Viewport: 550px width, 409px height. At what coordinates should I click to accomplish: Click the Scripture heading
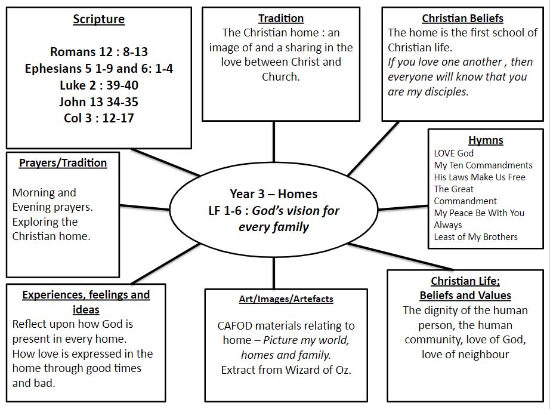(98, 19)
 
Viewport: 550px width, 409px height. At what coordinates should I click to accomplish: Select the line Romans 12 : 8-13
(98, 52)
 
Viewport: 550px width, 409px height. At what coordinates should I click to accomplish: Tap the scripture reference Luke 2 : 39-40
(99, 85)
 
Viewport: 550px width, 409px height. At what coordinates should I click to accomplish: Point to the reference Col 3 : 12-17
(99, 118)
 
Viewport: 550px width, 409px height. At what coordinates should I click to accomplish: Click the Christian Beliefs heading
(462, 19)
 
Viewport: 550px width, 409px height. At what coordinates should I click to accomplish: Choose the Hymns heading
(486, 140)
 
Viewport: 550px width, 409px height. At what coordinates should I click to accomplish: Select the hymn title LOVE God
(453, 153)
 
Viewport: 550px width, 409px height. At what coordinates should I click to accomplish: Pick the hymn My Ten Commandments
(483, 165)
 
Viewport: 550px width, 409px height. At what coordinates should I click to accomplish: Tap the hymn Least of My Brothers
(475, 237)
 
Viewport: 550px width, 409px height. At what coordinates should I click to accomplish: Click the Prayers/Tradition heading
(63, 163)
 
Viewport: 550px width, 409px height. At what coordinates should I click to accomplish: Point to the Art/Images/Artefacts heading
(286, 299)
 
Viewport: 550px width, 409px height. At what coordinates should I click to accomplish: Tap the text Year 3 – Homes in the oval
(274, 194)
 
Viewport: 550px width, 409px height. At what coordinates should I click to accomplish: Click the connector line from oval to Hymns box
(403, 208)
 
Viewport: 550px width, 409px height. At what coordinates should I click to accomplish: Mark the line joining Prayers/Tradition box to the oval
(144, 207)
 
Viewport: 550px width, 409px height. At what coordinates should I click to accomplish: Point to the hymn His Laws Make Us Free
(480, 177)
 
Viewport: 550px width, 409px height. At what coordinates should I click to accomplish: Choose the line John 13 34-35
(98, 102)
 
